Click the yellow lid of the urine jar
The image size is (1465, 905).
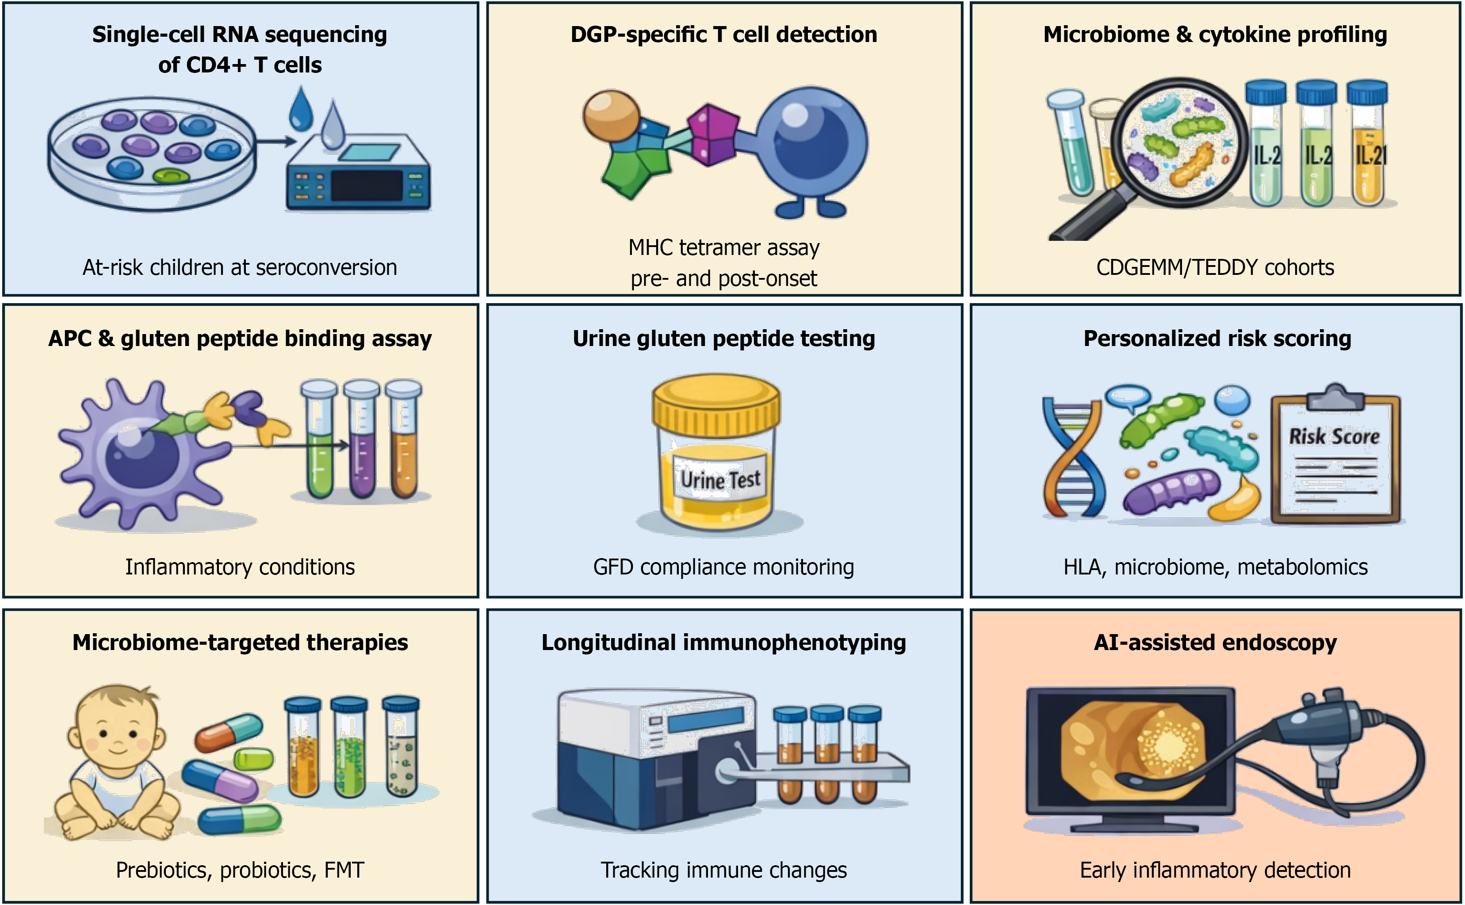tap(716, 407)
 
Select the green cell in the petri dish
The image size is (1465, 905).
tap(171, 176)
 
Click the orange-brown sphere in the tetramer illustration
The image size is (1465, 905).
tap(612, 115)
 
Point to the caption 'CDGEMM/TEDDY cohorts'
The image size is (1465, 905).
tap(1215, 267)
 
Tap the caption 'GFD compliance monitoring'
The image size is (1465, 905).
tap(723, 567)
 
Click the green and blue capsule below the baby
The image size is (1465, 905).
tap(240, 820)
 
